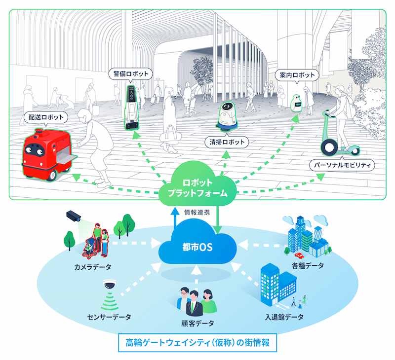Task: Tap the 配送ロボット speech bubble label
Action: pyautogui.click(x=46, y=117)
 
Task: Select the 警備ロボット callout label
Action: pyautogui.click(x=130, y=74)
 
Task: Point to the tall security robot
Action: pyautogui.click(x=131, y=108)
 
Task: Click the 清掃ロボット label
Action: pyautogui.click(x=227, y=142)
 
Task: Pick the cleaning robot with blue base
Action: pyautogui.click(x=227, y=117)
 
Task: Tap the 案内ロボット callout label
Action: pyautogui.click(x=297, y=75)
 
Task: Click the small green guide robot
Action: pyautogui.click(x=297, y=103)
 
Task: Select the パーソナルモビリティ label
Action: pyautogui.click(x=342, y=165)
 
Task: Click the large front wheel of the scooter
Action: pyautogui.click(x=329, y=148)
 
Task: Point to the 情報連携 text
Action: pyautogui.click(x=197, y=213)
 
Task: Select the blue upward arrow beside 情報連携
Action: pyautogui.click(x=174, y=218)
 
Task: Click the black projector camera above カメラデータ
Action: pyautogui.click(x=74, y=216)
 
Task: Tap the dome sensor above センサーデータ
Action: pyautogui.click(x=110, y=284)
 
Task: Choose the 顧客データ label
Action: pyautogui.click(x=198, y=324)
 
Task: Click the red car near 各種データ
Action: pyautogui.click(x=299, y=255)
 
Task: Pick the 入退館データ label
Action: pyautogui.click(x=284, y=317)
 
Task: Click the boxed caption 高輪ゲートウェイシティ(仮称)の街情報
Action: pyautogui.click(x=197, y=343)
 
